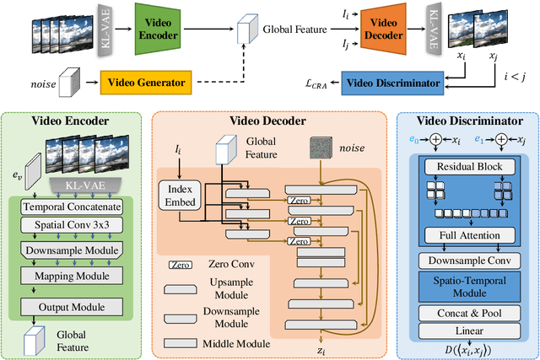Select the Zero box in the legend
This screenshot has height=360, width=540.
pyautogui.click(x=179, y=265)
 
